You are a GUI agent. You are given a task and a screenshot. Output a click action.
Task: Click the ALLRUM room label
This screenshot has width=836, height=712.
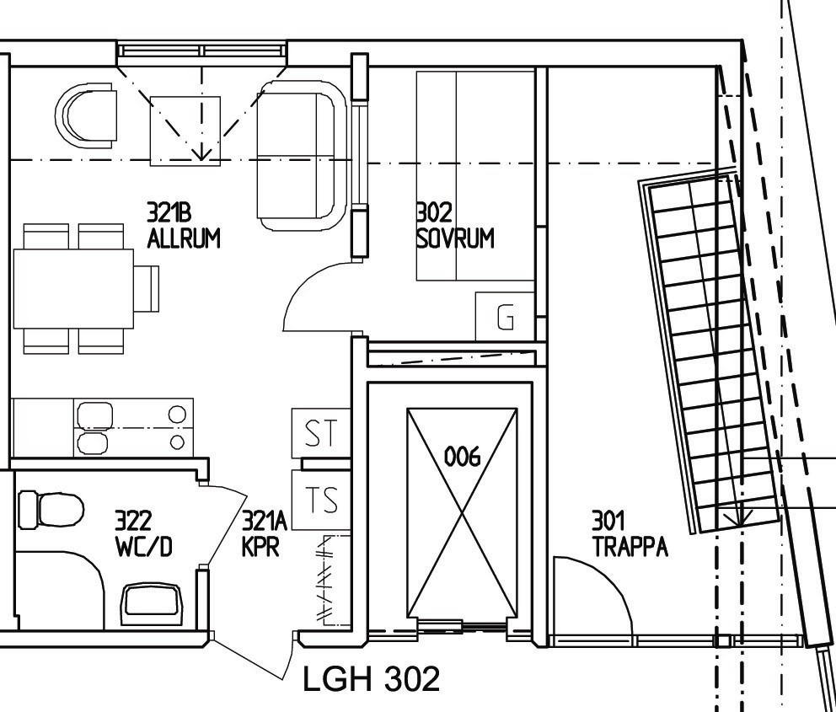coord(184,238)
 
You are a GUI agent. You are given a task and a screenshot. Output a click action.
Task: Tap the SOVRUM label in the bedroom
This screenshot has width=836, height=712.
coord(455,238)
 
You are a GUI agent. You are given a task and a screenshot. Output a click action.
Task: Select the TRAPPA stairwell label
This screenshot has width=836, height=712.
coord(630,547)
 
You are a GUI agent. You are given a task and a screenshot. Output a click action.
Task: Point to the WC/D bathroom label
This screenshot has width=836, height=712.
coord(144,547)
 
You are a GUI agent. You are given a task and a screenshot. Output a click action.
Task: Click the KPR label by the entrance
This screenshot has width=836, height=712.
coord(260,547)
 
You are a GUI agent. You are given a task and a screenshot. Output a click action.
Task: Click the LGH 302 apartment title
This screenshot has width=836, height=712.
coord(372,678)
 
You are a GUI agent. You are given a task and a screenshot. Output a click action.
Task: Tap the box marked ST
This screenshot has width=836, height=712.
coord(321,433)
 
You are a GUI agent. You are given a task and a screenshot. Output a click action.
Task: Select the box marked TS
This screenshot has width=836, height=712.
coord(321,500)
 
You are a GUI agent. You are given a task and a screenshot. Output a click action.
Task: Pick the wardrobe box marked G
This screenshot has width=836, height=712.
coord(505,316)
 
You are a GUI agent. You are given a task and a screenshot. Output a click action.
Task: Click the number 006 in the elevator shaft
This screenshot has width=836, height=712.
coord(462,457)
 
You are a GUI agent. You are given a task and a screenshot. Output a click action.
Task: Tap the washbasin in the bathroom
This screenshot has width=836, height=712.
coord(152,604)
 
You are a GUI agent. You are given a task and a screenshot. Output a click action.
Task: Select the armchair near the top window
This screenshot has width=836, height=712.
coord(86,115)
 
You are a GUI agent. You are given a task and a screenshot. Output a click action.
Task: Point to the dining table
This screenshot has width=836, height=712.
coord(73,289)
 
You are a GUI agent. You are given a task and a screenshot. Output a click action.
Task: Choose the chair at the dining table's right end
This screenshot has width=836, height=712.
coord(147,288)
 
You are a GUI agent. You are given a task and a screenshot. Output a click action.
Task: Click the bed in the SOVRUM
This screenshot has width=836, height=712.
coord(475,176)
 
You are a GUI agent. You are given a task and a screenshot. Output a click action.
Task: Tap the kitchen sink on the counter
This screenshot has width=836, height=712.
coord(94,429)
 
